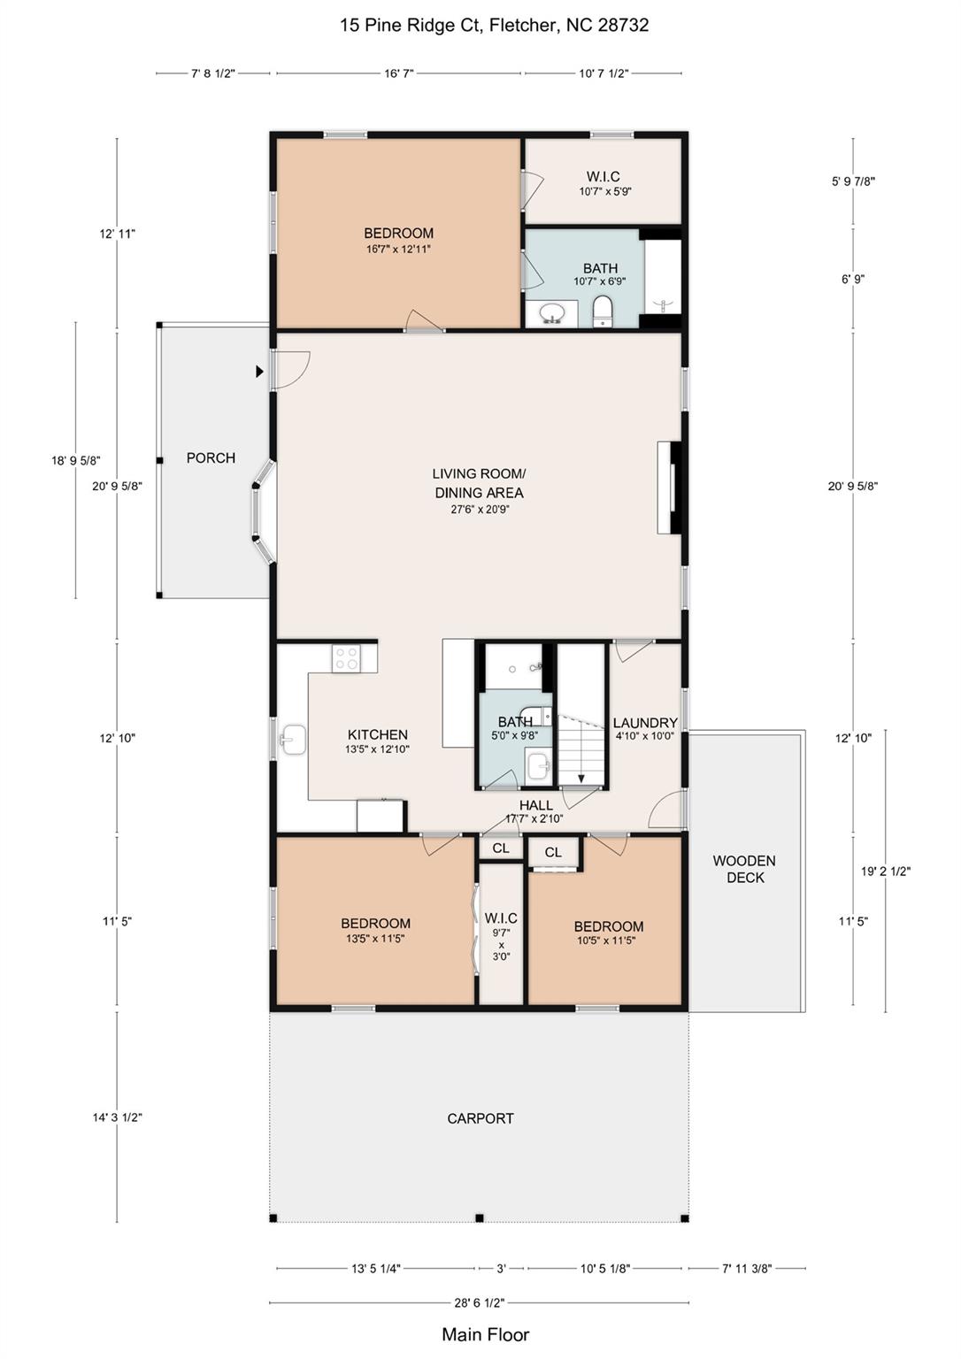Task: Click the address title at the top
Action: tap(494, 25)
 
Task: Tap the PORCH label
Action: tap(211, 457)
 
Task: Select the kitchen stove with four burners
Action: tap(346, 657)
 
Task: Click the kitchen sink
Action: tap(293, 741)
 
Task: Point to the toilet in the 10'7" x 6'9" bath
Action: tap(603, 311)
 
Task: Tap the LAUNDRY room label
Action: tap(645, 723)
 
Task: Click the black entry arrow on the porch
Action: tap(259, 372)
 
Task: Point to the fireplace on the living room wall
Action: tap(670, 488)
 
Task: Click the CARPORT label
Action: tap(480, 1118)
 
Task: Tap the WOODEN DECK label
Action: tap(744, 869)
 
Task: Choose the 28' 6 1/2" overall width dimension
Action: tap(479, 1302)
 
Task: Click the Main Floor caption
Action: tap(485, 1334)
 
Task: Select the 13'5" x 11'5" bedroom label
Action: tap(375, 930)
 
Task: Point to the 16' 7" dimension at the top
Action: tap(399, 73)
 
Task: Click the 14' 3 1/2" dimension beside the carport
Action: tap(118, 1117)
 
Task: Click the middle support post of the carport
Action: tap(479, 1218)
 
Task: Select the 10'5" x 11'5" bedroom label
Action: tap(608, 933)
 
